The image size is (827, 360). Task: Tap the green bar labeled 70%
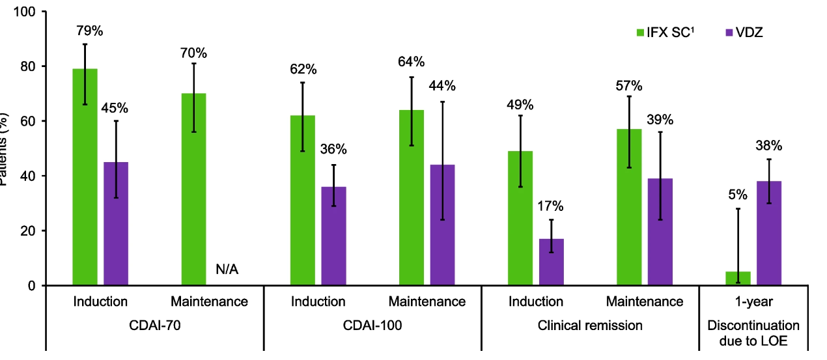pyautogui.click(x=193, y=189)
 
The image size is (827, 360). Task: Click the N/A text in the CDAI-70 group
pyautogui.click(x=227, y=270)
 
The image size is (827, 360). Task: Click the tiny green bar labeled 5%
pyautogui.click(x=738, y=279)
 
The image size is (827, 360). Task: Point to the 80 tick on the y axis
pyautogui.click(x=32, y=66)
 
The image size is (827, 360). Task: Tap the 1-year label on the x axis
pyautogui.click(x=753, y=301)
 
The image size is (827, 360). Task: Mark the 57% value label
pyautogui.click(x=629, y=86)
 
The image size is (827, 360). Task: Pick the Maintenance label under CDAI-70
pyautogui.click(x=209, y=301)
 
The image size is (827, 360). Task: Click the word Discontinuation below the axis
pyautogui.click(x=753, y=324)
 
